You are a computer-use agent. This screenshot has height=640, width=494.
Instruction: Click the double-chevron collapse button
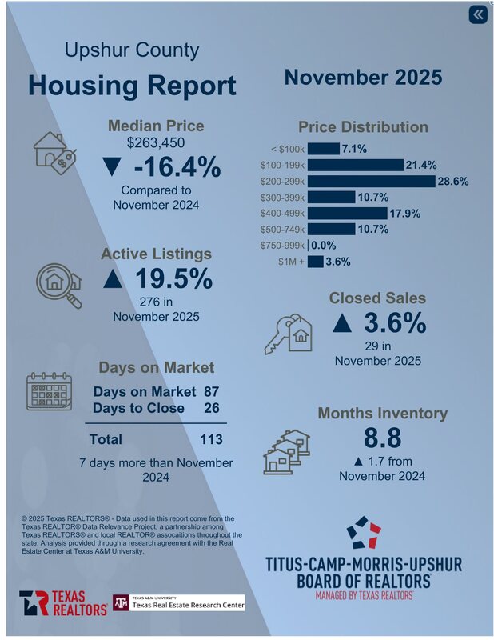pos(477,14)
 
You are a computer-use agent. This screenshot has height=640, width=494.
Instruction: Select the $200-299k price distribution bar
pos(371,181)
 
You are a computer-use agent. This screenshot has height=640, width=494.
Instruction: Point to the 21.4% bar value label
pos(422,165)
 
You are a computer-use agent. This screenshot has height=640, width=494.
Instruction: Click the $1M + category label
pos(289,262)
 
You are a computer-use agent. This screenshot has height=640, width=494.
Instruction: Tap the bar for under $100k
pos(323,149)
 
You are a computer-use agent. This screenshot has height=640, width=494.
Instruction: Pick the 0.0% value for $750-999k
pos(324,246)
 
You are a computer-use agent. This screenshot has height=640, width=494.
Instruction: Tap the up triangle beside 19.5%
pos(113,280)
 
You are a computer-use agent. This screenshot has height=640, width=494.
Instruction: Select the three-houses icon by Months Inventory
pos(286,450)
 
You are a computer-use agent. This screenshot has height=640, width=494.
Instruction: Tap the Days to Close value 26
pos(212,408)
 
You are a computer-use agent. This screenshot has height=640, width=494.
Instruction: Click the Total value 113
pos(211,439)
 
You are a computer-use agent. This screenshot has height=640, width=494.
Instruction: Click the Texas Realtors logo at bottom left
pos(63,603)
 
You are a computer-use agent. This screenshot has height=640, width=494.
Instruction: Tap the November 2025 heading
pos(363,78)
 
